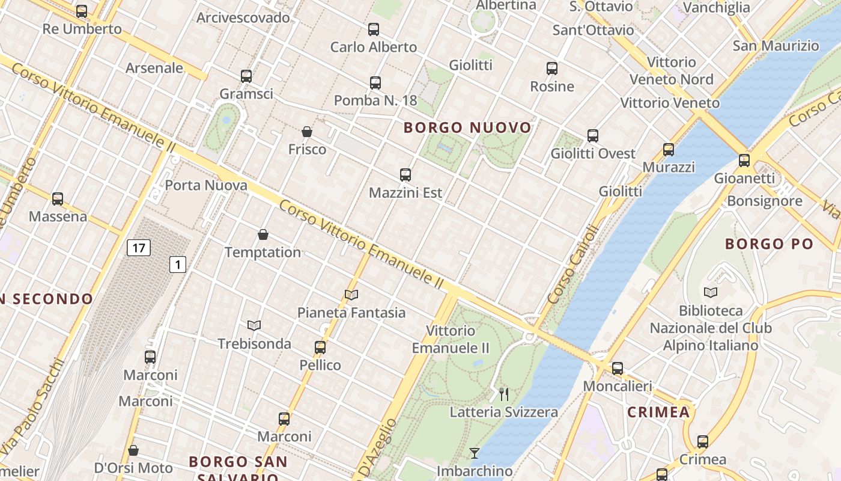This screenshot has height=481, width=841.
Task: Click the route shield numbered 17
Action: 139,247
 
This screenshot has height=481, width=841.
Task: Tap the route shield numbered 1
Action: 177,264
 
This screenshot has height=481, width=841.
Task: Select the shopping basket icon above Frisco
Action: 307,132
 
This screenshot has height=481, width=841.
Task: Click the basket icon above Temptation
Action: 263,234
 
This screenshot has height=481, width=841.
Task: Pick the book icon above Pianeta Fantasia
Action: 351,295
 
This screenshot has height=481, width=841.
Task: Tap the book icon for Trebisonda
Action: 254,326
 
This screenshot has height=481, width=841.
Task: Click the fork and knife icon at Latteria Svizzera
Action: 504,394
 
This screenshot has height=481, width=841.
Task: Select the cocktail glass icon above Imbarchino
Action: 475,453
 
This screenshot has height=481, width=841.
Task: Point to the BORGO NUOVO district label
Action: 467,127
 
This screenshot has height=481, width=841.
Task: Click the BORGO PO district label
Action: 769,244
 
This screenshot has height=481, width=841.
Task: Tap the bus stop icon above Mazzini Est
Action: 405,175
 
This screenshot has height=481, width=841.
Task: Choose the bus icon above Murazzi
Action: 669,149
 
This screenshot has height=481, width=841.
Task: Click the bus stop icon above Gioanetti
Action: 744,160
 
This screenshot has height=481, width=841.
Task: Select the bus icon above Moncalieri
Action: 618,368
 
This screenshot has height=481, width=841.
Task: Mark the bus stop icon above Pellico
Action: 320,348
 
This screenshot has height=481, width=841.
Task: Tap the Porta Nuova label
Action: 206,185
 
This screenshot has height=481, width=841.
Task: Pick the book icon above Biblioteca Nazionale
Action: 711,293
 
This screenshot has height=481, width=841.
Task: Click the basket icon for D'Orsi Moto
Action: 133,450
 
